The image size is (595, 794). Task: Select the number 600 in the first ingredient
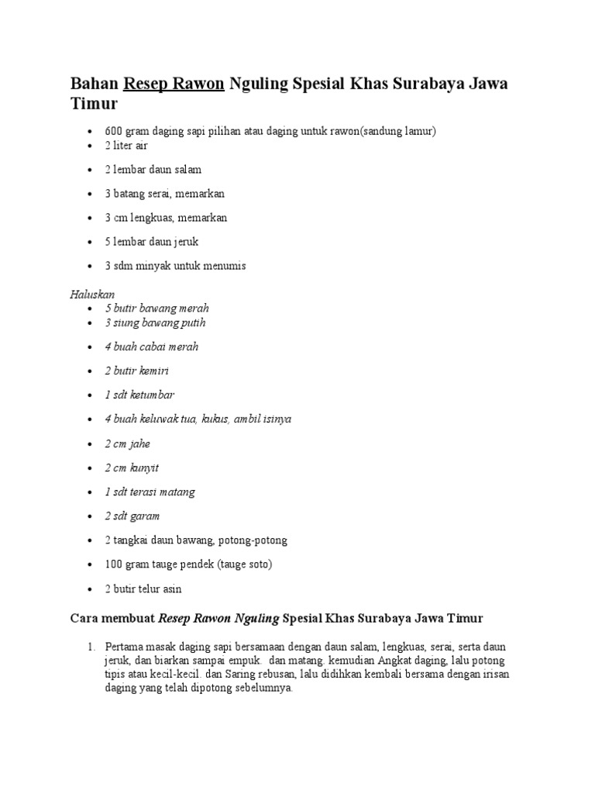(114, 131)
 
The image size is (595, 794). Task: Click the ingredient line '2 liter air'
(126, 146)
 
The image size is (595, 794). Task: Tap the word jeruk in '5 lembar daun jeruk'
(184, 242)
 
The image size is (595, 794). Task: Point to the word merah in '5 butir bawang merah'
(194, 308)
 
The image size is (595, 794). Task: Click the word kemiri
(153, 371)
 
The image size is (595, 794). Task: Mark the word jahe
(140, 444)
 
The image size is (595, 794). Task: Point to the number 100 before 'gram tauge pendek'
(114, 564)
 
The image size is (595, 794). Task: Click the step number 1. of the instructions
(90, 646)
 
